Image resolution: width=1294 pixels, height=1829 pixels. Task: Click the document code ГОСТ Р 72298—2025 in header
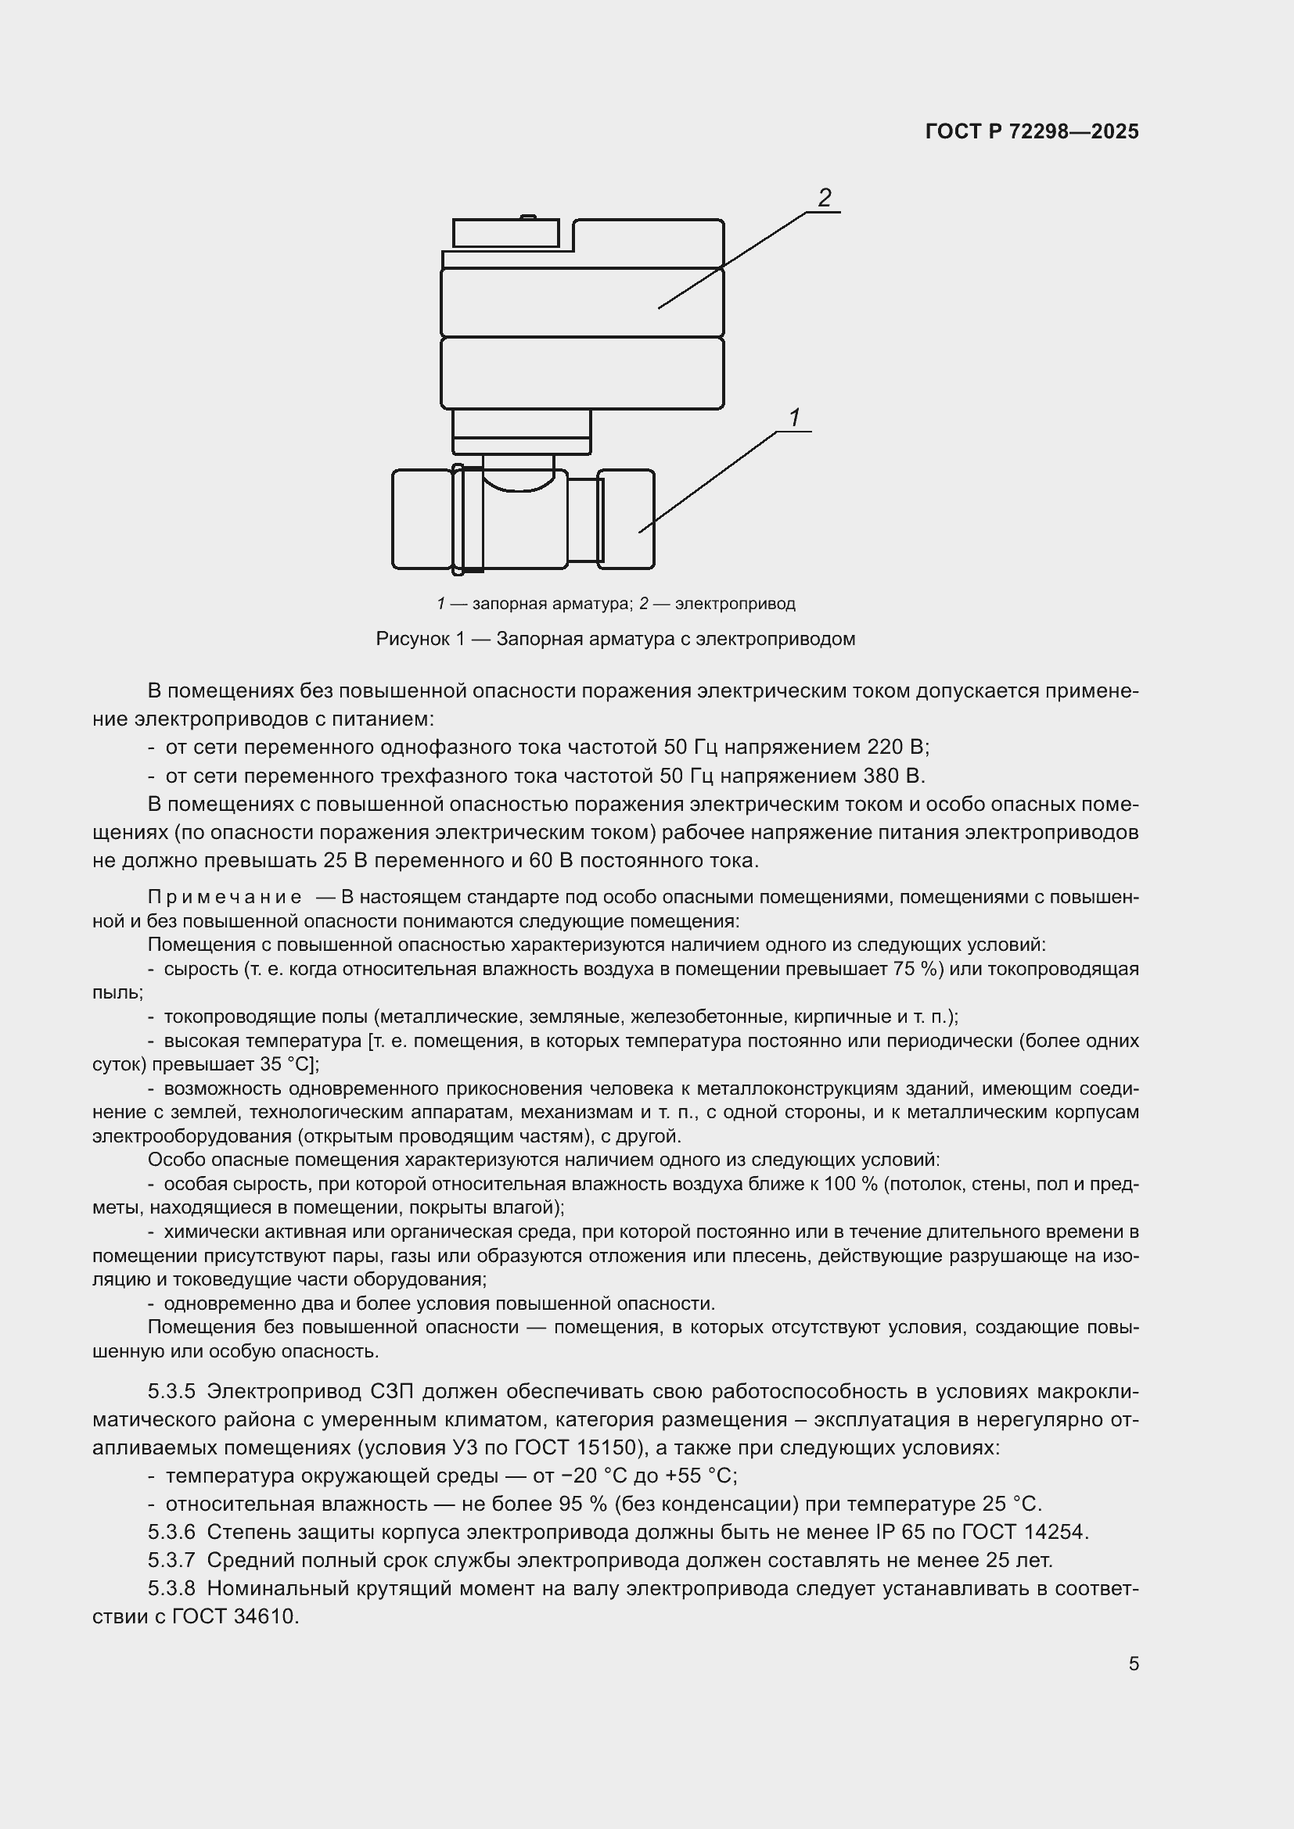pos(1032,131)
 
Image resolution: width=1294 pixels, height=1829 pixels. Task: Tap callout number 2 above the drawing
pos(824,198)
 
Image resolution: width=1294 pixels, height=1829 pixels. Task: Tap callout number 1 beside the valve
pos(793,418)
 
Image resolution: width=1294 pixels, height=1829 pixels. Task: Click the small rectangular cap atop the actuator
pos(505,233)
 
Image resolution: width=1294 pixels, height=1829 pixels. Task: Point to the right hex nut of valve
pos(627,518)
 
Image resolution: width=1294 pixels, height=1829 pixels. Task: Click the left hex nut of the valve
pos(422,518)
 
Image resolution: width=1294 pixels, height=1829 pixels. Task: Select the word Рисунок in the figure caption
pos(408,639)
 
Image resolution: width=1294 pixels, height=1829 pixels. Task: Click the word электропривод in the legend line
pos(735,604)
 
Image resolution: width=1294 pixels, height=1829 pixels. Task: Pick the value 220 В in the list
pos(900,748)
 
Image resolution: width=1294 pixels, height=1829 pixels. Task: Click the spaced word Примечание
pos(225,898)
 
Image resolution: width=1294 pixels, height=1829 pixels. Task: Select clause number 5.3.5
pos(171,1392)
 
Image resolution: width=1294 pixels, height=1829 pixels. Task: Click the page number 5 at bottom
pos(1133,1664)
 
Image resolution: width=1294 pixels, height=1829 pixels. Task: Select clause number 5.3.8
pos(171,1588)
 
